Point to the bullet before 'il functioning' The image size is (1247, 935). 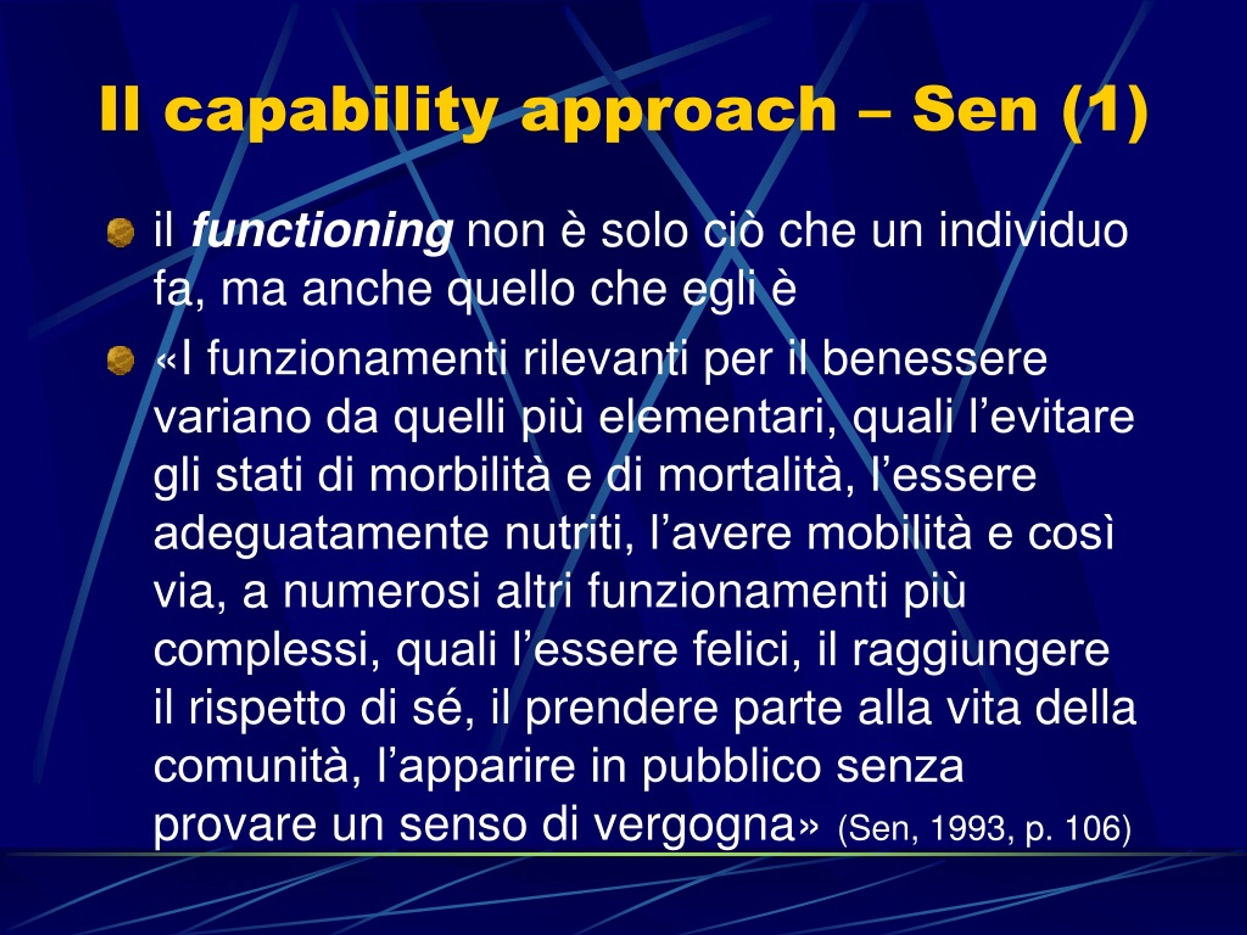(x=121, y=233)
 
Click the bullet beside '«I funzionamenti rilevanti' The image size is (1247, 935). (x=121, y=360)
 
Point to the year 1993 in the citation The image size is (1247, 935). (x=968, y=828)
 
